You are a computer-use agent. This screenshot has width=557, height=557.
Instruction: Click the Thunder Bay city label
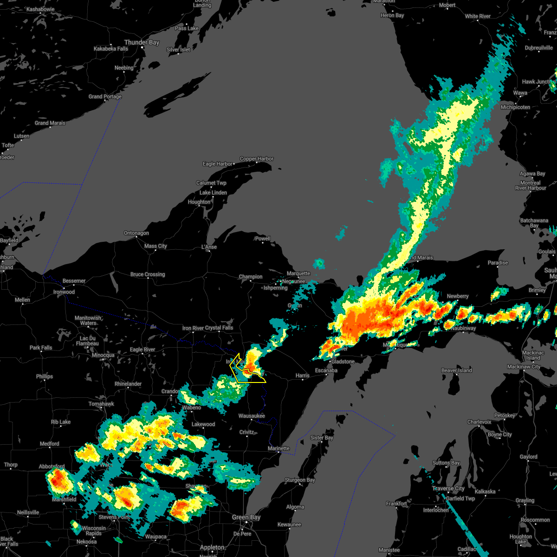tap(142, 42)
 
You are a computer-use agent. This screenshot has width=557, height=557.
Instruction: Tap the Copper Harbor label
tap(257, 159)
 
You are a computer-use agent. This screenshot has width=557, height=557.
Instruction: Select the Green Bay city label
tap(246, 517)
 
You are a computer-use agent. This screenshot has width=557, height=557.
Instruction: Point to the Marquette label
tap(298, 273)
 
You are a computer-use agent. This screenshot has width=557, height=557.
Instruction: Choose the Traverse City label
tap(448, 488)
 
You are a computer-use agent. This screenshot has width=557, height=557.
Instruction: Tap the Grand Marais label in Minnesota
tap(50, 123)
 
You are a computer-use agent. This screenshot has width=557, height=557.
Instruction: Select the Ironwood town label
tap(64, 292)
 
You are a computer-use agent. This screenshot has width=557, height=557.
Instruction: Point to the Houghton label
tap(199, 202)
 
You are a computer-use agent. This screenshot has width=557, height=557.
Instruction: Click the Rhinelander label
tap(128, 384)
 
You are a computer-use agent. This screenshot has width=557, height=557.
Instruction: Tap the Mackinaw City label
tap(524, 367)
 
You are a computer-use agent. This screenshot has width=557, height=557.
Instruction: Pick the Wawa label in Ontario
tap(520, 93)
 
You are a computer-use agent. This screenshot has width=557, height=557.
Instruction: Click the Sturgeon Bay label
tap(299, 480)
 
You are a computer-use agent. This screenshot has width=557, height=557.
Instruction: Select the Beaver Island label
tap(456, 370)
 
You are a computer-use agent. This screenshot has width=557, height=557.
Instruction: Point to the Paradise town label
tap(498, 263)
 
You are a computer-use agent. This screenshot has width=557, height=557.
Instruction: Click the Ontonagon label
tap(136, 233)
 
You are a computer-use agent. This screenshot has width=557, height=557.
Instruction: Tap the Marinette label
tap(278, 448)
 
